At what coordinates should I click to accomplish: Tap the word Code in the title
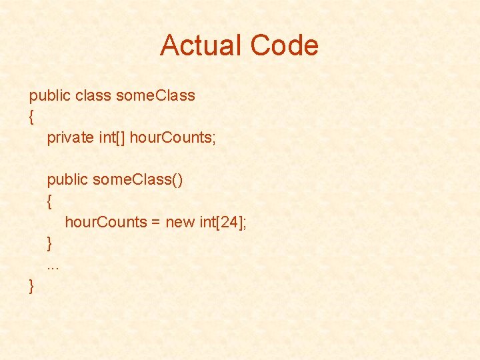[x=285, y=45]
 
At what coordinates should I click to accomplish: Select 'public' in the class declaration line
[x=49, y=95]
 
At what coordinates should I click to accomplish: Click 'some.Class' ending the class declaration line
[x=155, y=95]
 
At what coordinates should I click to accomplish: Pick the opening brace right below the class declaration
[x=31, y=117]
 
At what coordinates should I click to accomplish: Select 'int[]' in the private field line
[x=111, y=138]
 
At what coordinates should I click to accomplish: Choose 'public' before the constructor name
[x=67, y=180]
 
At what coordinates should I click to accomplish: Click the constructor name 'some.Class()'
[x=138, y=180]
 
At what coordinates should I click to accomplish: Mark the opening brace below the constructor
[x=49, y=201]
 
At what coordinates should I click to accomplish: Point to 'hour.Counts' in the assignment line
[x=105, y=222]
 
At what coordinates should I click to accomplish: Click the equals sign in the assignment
[x=155, y=222]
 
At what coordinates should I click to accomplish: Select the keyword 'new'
[x=179, y=222]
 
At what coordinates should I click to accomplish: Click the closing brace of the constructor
[x=49, y=243]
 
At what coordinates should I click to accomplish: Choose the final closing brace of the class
[x=31, y=286]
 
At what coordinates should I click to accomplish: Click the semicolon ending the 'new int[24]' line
[x=245, y=223]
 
